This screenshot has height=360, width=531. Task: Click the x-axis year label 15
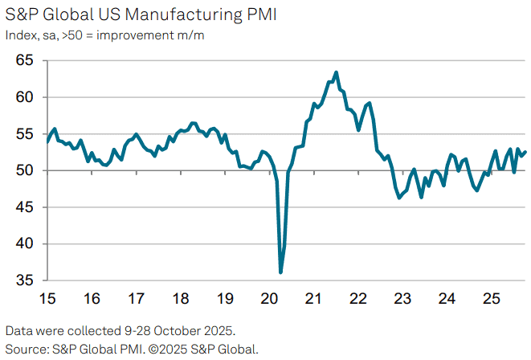coord(47,299)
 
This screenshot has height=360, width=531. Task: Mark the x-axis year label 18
coord(181,299)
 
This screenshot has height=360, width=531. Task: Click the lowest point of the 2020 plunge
coord(280,272)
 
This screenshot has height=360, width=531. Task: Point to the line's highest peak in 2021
coord(336,72)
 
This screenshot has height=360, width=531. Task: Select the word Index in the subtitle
coord(19,35)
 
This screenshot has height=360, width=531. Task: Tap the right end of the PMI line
coord(525,152)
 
